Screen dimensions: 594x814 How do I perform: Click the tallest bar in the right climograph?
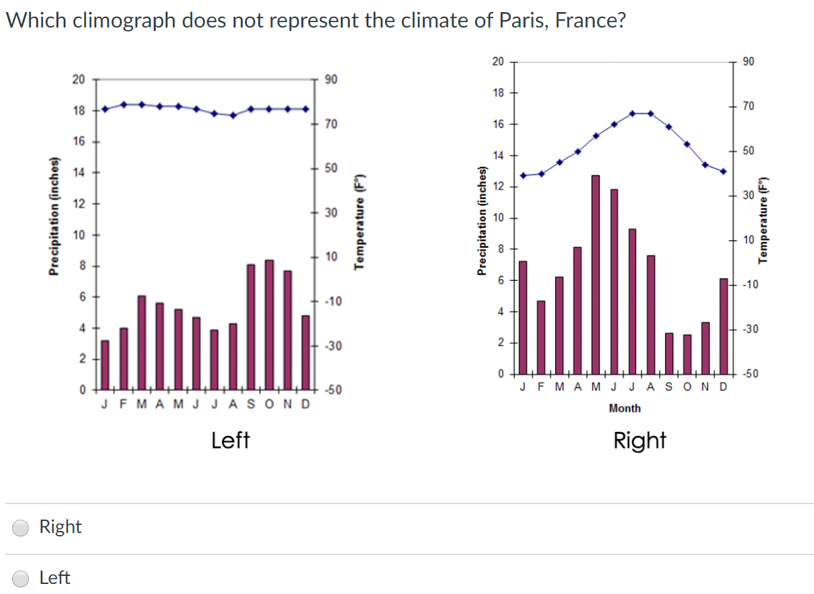[595, 275]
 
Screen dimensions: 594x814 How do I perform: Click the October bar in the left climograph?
[269, 324]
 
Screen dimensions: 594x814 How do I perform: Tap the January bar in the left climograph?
[105, 365]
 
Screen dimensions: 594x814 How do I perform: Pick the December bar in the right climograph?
[723, 326]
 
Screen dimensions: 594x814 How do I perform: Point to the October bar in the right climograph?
[687, 354]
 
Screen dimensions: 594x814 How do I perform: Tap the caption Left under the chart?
[230, 440]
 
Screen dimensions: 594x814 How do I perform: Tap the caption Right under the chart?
[640, 440]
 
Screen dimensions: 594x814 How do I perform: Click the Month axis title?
[625, 408]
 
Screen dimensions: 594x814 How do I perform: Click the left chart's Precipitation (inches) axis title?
[52, 216]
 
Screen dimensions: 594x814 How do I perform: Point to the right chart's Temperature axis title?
[763, 221]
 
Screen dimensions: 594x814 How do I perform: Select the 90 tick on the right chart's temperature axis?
[749, 62]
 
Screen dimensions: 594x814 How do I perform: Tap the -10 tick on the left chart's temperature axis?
[332, 302]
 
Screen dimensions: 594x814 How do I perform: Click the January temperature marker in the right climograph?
[523, 176]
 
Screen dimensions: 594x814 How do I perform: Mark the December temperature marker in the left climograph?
[305, 109]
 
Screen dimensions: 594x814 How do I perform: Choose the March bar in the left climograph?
[142, 343]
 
